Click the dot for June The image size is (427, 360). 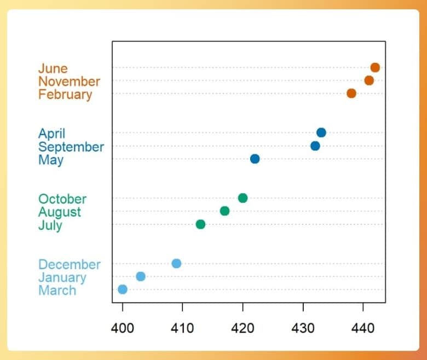(x=375, y=68)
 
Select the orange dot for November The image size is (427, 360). (x=369, y=81)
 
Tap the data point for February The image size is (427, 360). (x=351, y=94)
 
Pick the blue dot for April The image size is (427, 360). (x=321, y=133)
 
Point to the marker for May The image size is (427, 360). (x=255, y=159)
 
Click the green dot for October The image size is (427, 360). (x=243, y=198)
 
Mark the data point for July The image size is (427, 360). (x=200, y=224)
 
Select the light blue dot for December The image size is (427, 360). (x=176, y=264)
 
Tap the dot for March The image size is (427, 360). (x=123, y=289)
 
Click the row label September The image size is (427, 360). (x=71, y=147)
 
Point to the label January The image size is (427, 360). (x=62, y=277)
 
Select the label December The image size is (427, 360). (x=70, y=265)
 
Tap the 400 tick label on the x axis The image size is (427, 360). (x=123, y=328)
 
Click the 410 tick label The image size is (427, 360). (x=182, y=328)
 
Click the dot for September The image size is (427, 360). (x=315, y=146)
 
